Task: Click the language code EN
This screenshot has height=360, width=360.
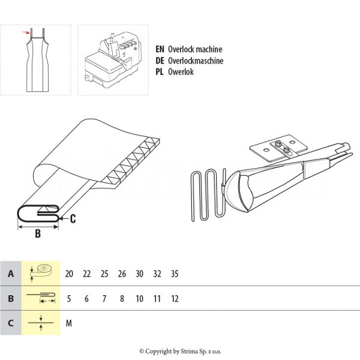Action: point(160,50)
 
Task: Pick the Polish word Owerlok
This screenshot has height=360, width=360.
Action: point(181,71)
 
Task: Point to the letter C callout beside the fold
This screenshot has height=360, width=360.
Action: point(73,219)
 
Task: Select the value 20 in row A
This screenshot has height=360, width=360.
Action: point(69,274)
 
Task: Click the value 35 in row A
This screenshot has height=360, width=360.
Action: point(175,274)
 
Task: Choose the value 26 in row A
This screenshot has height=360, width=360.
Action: point(122,274)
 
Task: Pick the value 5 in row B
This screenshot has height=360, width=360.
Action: point(69,298)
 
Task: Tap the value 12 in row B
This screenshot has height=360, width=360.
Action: point(175,298)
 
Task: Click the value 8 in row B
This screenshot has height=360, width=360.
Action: point(122,298)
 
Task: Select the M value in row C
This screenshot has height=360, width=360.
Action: point(69,323)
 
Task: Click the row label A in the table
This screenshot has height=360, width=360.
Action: point(10,274)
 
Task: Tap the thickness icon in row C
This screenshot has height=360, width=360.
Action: point(41,323)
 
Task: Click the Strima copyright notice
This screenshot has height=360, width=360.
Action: point(180,351)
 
